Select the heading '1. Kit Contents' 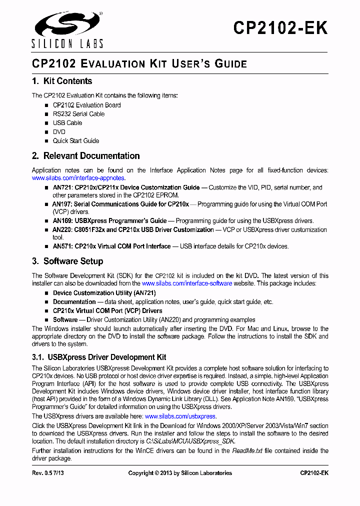point(62,81)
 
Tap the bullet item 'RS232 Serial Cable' point(78,114)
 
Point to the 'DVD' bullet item point(59,132)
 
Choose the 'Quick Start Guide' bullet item point(76,141)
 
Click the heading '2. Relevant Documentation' point(85,156)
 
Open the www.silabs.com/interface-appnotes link point(78,178)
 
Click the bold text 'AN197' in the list point(61,204)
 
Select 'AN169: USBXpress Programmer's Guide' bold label point(110,221)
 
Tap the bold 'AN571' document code point(62,246)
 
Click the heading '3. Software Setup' point(67,261)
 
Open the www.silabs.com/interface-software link point(187,283)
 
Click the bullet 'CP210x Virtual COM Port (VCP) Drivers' point(107,311)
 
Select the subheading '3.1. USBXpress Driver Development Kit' point(99,357)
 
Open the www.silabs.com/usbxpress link point(180,416)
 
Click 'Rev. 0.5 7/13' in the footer point(48,473)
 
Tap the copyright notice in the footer point(180,473)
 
